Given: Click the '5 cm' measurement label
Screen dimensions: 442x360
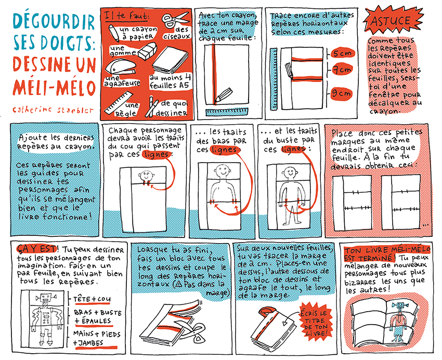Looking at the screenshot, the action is coord(342,53).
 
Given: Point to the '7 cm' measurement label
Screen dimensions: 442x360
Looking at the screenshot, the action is coord(342,69).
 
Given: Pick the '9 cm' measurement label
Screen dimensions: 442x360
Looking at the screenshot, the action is coord(341,93).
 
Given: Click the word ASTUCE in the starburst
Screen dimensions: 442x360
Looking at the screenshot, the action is coord(390,21).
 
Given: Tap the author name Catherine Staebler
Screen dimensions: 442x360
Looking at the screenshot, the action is coord(53,110).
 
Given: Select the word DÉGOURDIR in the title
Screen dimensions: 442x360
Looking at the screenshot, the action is coord(54,22).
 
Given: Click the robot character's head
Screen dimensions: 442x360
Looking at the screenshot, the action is coord(46,298).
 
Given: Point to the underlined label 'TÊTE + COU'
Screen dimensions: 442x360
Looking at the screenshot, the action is coord(92,299).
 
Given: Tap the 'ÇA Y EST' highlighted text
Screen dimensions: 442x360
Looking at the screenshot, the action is coord(36,249).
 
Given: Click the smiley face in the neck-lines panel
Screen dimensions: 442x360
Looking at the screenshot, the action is coord(146,177).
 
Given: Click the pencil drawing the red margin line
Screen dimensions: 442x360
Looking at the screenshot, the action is coord(223,95).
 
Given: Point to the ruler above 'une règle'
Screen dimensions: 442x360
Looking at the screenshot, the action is coord(119,102).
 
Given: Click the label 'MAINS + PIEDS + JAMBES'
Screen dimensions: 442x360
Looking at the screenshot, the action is coord(96,339).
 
